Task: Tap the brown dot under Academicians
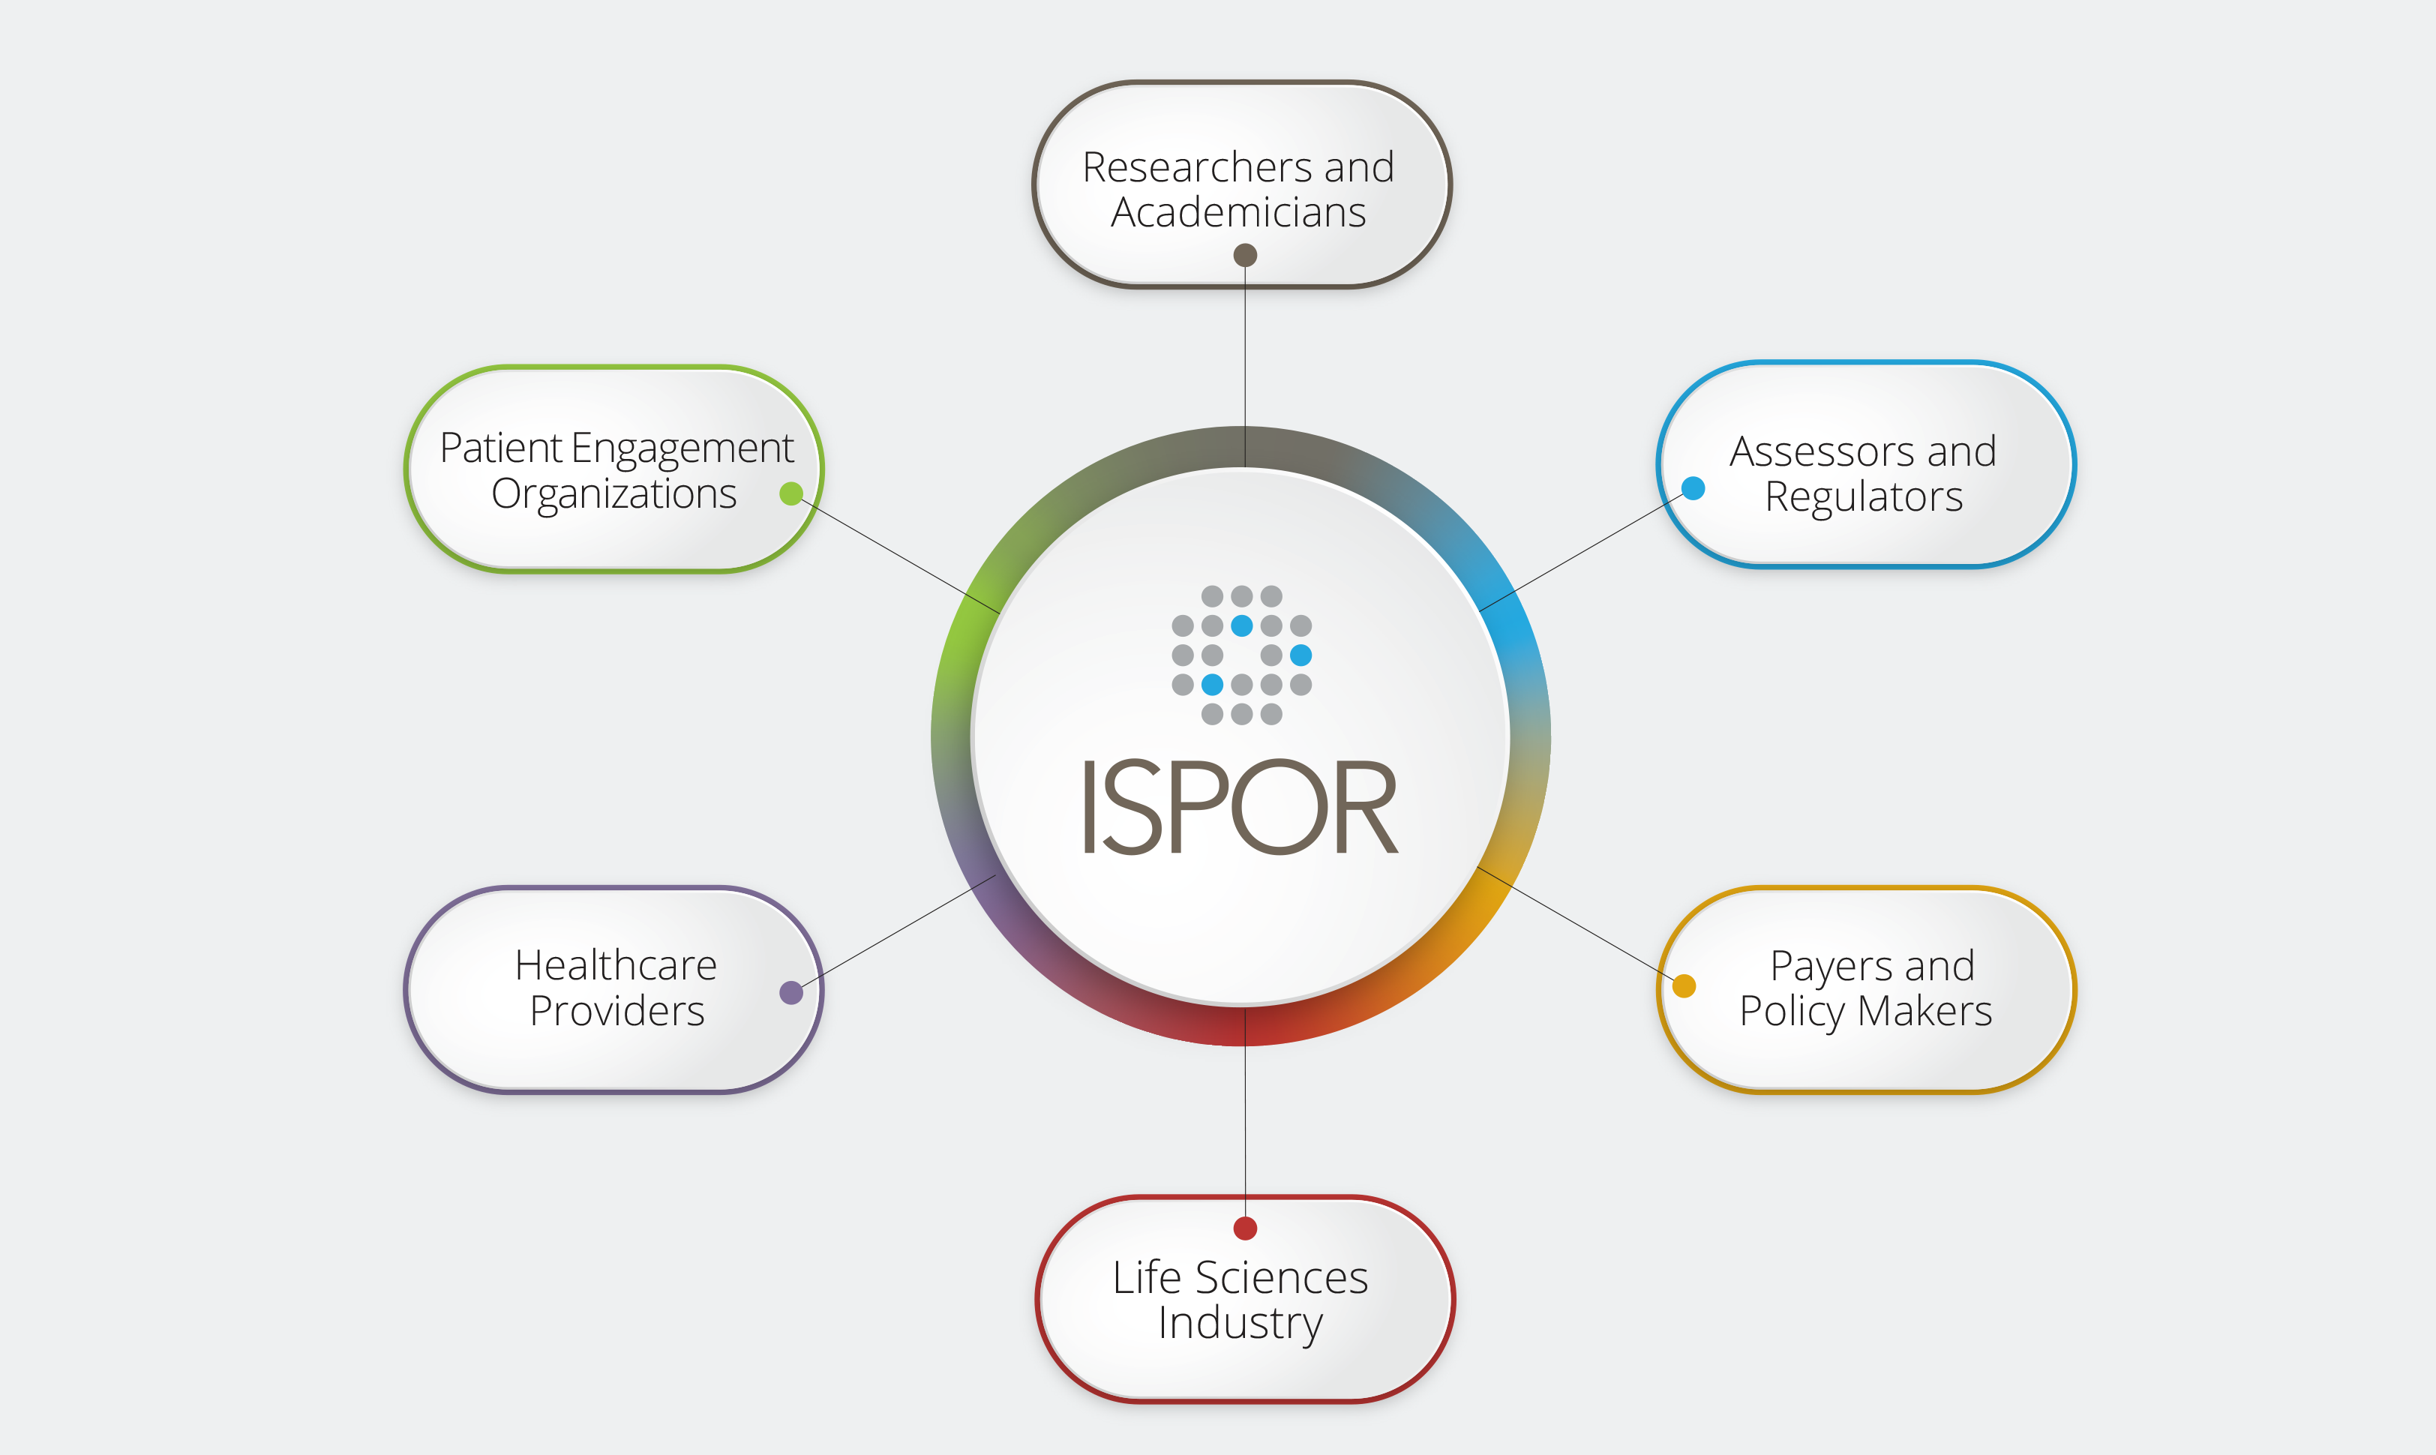pyautogui.click(x=1245, y=256)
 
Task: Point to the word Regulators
pyautogui.click(x=1864, y=497)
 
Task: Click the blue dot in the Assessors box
pyautogui.click(x=1693, y=488)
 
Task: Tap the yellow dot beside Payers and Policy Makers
pyautogui.click(x=1684, y=985)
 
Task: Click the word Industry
pyautogui.click(x=1240, y=1324)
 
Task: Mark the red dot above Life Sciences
pyautogui.click(x=1245, y=1228)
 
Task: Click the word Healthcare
pyautogui.click(x=616, y=966)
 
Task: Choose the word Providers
pyautogui.click(x=616, y=1011)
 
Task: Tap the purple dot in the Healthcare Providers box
pyautogui.click(x=791, y=992)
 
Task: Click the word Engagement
pyautogui.click(x=682, y=449)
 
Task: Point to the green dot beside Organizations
pyautogui.click(x=791, y=493)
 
